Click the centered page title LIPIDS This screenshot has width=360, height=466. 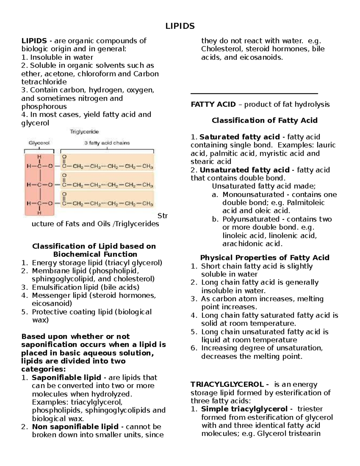(180, 26)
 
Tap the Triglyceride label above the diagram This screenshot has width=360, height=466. (84, 131)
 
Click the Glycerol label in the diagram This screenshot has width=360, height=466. (39, 143)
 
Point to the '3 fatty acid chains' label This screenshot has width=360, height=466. (107, 143)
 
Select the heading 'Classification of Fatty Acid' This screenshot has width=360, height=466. (264, 120)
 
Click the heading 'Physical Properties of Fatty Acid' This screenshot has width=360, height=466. (264, 257)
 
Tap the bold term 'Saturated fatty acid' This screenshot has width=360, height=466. (239, 137)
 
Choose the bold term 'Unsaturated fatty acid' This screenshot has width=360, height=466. (244, 170)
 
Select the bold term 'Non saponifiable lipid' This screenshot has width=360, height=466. (76, 426)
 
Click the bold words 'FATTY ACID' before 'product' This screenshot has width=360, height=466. (213, 104)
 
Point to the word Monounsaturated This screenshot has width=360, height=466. (253, 194)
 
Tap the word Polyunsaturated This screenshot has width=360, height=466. (251, 219)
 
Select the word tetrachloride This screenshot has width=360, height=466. (44, 82)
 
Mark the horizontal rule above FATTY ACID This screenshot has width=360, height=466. (254, 94)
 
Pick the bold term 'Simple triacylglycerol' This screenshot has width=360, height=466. (244, 409)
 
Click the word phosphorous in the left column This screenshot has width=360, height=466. (44, 106)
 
